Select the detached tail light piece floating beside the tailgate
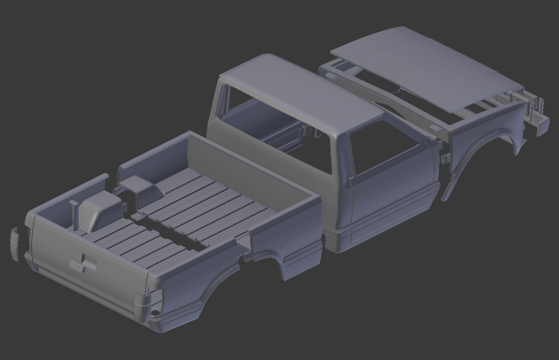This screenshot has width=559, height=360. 14,244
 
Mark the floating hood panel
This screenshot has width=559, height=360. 427,68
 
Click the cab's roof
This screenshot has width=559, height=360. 296,90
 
